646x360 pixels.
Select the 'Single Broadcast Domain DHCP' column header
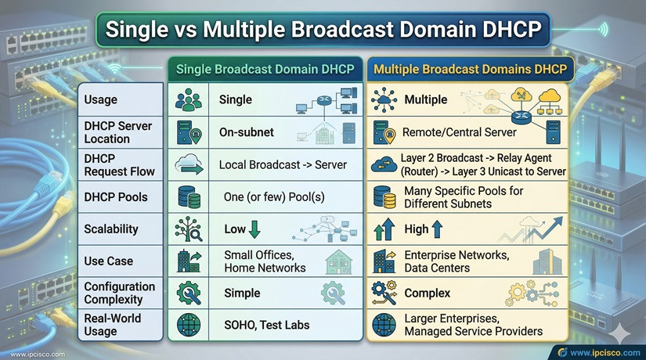coord(265,69)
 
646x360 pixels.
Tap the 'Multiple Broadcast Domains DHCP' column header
coord(471,69)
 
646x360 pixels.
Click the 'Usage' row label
coord(101,99)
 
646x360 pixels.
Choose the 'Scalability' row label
coord(111,229)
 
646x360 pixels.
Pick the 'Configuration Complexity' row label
coord(118,293)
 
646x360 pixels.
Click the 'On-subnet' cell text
coord(247,132)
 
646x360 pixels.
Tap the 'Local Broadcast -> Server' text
coord(283,165)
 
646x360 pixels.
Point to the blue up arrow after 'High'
coord(437,229)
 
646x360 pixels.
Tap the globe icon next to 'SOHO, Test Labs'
coord(189,325)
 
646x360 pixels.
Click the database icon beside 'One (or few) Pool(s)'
coord(189,197)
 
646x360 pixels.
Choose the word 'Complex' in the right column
coord(427,293)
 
